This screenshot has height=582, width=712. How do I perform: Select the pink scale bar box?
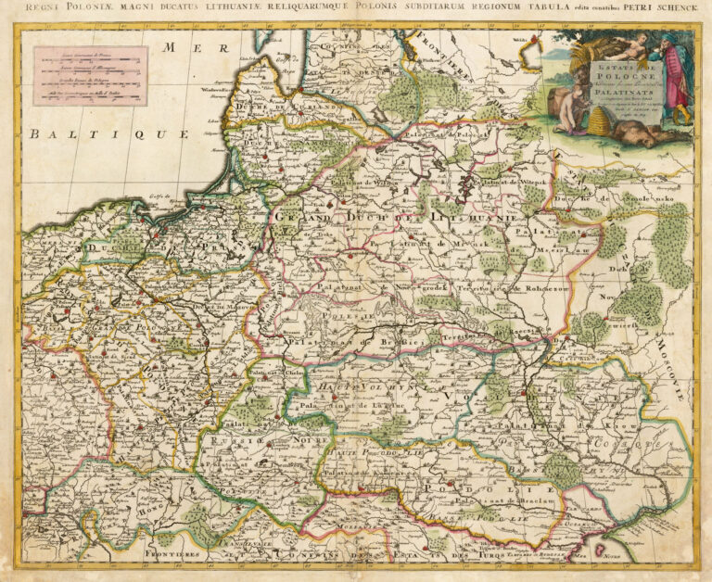(89, 75)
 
